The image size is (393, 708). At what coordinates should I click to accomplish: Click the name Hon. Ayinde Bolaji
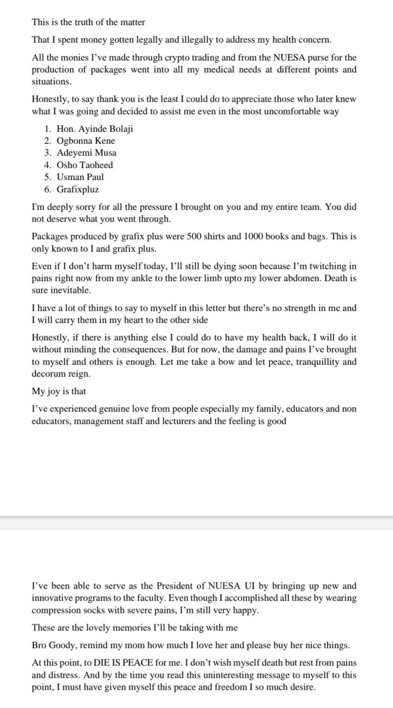(x=95, y=129)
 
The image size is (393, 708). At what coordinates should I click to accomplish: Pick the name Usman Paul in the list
(x=80, y=177)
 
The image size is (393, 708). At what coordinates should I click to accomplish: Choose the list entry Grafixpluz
(x=78, y=189)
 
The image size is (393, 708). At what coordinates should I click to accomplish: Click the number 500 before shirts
(x=194, y=237)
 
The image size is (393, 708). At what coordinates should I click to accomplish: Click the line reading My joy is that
(x=59, y=392)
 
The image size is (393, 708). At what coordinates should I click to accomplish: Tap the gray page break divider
(x=196, y=523)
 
